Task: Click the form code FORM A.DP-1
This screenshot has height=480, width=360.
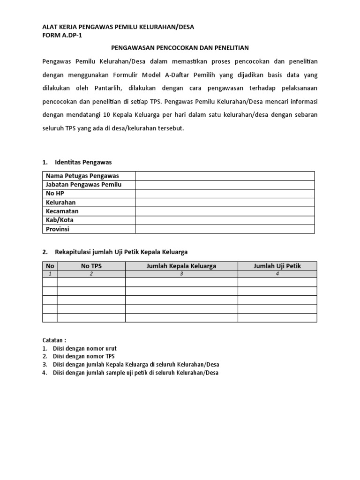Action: (x=62, y=35)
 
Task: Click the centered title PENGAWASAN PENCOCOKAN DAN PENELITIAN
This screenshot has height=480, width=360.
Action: (x=180, y=48)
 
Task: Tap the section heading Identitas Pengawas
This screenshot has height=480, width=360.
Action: (x=82, y=162)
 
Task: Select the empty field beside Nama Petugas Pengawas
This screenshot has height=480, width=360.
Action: (x=225, y=176)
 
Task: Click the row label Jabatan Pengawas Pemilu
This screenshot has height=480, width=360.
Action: (x=83, y=185)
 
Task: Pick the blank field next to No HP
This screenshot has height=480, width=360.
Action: (x=225, y=194)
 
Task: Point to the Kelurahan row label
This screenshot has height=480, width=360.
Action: (x=60, y=202)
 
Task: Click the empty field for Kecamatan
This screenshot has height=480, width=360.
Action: (x=225, y=211)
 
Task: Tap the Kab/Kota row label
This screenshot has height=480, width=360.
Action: (x=60, y=220)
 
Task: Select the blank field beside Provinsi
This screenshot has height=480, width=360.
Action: (x=225, y=229)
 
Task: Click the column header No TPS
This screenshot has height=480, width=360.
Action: (x=91, y=266)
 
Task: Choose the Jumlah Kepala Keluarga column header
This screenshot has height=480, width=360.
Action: (x=181, y=266)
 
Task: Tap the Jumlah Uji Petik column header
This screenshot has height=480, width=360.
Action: (x=277, y=266)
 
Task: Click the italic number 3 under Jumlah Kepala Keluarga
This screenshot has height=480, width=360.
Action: (x=181, y=274)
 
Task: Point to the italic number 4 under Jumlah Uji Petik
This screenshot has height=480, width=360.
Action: (x=277, y=274)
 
